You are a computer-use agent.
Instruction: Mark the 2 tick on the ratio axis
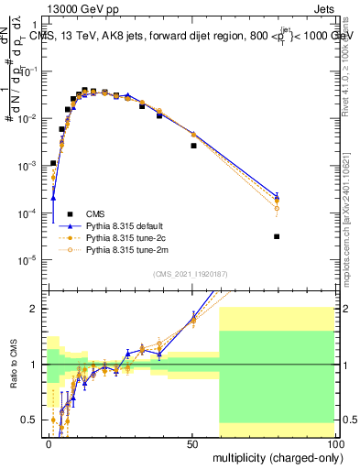37,309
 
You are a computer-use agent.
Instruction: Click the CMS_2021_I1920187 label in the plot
190,273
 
